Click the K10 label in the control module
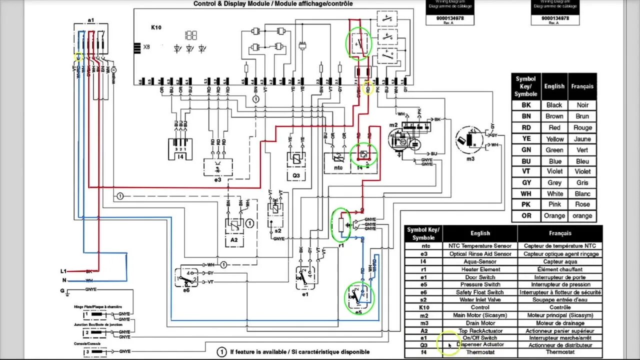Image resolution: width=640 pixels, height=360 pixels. (x=156, y=27)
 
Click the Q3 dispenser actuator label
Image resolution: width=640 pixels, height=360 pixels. (x=296, y=175)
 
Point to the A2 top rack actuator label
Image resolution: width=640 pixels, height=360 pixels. (x=234, y=240)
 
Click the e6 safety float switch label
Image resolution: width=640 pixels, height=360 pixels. (x=186, y=290)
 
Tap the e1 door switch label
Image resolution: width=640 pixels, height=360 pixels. (x=305, y=294)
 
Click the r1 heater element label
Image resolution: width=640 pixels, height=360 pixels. (x=341, y=246)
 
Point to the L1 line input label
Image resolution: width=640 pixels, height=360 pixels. (x=63, y=271)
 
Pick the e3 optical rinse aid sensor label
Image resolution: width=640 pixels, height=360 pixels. (x=217, y=179)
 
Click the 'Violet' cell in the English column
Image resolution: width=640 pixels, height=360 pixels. (x=554, y=171)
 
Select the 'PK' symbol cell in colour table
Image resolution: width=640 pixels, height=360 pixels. (x=526, y=204)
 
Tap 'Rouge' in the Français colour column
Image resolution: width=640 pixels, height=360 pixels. (x=582, y=127)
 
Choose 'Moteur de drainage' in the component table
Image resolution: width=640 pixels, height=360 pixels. (x=559, y=323)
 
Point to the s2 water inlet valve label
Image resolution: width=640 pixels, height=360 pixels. (x=277, y=230)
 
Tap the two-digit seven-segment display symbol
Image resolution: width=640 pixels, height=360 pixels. (x=190, y=35)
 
